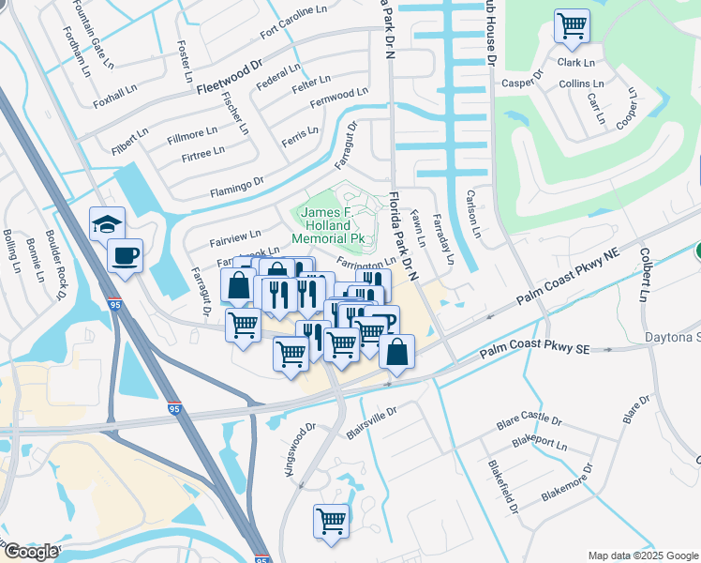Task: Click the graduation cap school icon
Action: click(107, 223)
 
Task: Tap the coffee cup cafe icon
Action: click(125, 255)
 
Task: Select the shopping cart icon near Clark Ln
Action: click(571, 25)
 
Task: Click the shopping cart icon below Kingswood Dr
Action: click(331, 521)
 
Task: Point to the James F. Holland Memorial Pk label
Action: click(325, 225)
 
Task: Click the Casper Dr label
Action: click(522, 82)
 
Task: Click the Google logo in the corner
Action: click(31, 552)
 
